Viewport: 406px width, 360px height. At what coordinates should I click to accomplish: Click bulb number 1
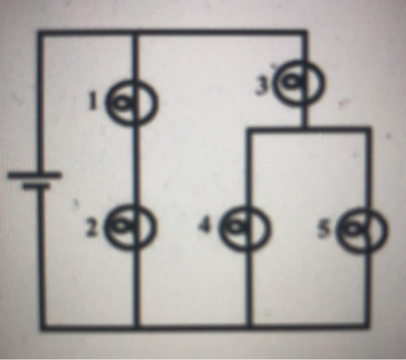click(130, 103)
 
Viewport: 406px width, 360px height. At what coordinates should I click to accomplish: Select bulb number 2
click(131, 227)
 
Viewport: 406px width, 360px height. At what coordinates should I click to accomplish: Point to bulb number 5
click(362, 229)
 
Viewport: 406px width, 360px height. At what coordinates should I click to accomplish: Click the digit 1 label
click(92, 102)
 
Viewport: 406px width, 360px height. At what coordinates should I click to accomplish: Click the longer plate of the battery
click(35, 176)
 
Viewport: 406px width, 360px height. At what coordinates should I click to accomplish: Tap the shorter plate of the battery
click(36, 187)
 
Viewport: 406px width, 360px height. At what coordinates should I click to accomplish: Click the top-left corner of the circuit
click(41, 33)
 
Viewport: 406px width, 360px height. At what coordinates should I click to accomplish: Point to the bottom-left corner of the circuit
click(43, 327)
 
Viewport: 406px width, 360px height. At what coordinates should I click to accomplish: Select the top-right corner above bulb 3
click(305, 33)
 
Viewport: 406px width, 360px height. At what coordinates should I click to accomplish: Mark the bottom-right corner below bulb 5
click(367, 326)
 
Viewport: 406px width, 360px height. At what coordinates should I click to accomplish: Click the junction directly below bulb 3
click(305, 128)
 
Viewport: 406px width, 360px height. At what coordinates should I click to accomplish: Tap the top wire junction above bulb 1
click(135, 33)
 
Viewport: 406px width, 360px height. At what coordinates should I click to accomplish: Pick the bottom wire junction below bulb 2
click(137, 327)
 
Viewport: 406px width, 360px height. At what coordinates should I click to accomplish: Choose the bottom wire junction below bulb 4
click(249, 327)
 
